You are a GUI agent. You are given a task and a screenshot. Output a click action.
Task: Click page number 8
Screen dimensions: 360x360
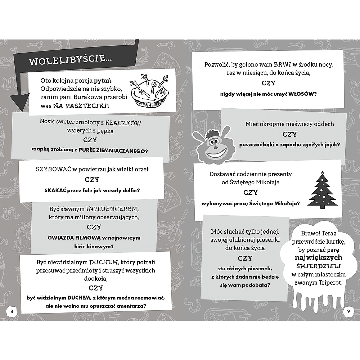12,311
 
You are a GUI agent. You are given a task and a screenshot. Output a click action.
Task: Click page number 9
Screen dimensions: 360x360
348,311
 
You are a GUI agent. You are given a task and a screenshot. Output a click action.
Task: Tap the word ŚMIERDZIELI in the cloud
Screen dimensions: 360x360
318,266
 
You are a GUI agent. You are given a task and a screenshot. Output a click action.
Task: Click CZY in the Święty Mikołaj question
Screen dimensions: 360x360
251,193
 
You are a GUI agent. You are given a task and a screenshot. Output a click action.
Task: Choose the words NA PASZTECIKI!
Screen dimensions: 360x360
81,107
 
